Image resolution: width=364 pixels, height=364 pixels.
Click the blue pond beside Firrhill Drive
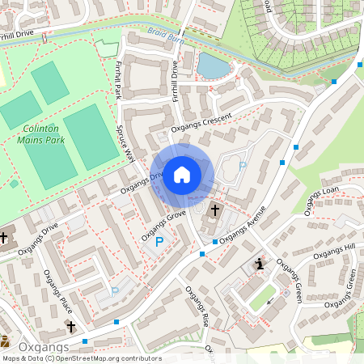coord(212,66)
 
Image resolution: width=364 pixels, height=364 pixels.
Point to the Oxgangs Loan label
coord(321,201)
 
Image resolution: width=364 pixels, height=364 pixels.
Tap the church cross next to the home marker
coord(214,211)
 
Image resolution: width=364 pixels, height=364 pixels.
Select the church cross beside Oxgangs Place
coord(71,327)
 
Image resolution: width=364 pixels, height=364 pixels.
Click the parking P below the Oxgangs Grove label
coord(159,242)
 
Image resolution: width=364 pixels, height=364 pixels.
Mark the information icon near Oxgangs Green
coord(259,264)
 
